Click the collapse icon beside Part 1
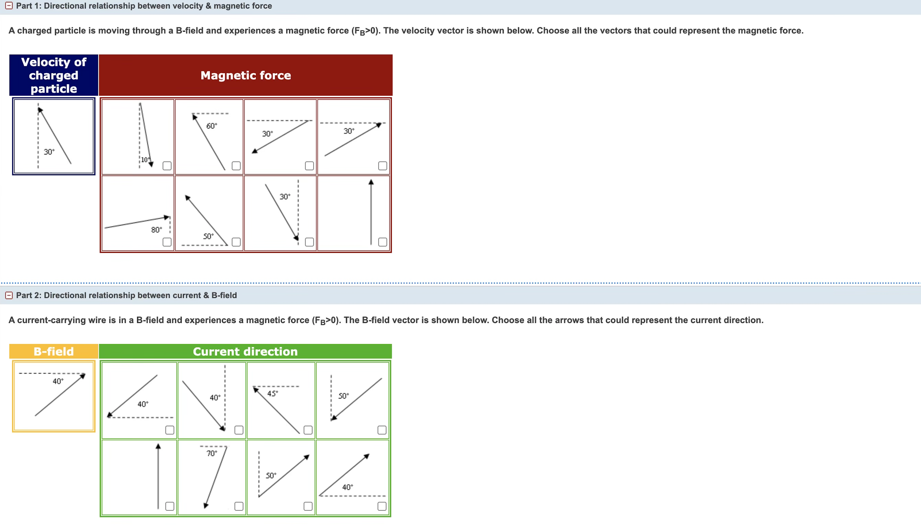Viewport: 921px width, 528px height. point(9,6)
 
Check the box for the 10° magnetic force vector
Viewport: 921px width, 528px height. point(167,166)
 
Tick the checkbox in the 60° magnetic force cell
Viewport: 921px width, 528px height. point(236,166)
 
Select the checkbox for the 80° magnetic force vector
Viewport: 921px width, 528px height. point(167,242)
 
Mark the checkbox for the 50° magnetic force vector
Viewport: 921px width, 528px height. point(236,242)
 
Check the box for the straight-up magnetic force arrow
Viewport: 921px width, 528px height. point(383,242)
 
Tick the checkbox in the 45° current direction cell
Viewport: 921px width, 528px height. point(308,430)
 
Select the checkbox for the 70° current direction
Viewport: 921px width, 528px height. point(239,506)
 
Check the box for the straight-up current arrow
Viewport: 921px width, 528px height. point(169,506)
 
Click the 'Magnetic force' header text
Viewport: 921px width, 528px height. point(246,75)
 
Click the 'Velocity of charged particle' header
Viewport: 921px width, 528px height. point(54,75)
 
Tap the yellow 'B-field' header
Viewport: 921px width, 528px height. point(54,351)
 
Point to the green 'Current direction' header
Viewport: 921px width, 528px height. point(245,351)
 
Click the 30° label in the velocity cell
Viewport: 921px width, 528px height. point(49,152)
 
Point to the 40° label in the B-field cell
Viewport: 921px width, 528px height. point(58,381)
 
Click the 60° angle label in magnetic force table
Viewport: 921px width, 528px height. point(212,126)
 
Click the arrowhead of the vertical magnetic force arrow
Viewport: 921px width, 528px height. point(371,182)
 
